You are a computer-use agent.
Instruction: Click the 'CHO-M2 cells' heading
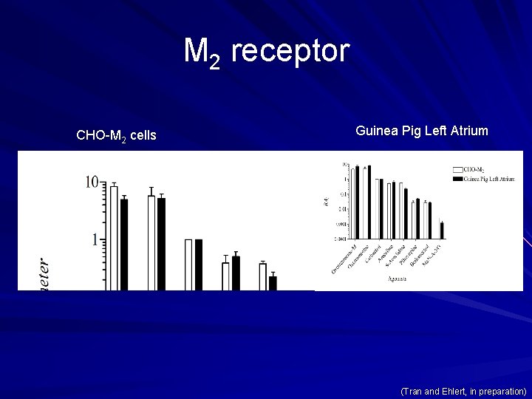(x=116, y=135)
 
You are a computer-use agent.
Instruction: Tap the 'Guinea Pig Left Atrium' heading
(x=421, y=131)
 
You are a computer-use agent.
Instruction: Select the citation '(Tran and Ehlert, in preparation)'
(x=463, y=390)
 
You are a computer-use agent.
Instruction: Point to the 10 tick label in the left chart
(x=92, y=182)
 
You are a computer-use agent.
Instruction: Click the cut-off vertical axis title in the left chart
(x=44, y=273)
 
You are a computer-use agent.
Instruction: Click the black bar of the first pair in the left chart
(x=124, y=244)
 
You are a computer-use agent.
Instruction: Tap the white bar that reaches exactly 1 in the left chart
(x=188, y=265)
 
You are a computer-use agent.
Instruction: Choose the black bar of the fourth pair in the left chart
(x=236, y=273)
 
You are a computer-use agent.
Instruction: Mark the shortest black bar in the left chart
(x=273, y=282)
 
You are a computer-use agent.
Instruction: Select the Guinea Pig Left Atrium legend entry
(x=488, y=178)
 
